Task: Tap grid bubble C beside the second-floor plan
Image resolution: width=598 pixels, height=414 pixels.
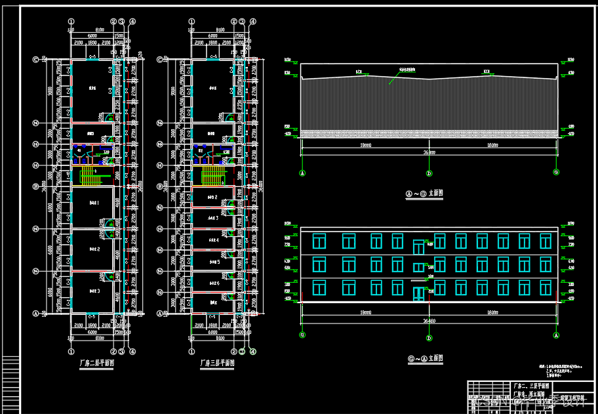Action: pyautogui.click(x=36, y=59)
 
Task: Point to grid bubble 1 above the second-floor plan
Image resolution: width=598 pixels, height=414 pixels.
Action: pyautogui.click(x=70, y=22)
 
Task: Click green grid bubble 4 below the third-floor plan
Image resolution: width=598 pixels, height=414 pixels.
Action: pyautogui.click(x=252, y=352)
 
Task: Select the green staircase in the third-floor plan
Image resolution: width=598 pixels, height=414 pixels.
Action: pyautogui.click(x=211, y=175)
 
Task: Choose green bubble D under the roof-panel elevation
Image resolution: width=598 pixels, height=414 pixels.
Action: pyautogui.click(x=429, y=173)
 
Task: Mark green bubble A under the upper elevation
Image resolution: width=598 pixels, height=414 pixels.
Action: pyautogui.click(x=302, y=173)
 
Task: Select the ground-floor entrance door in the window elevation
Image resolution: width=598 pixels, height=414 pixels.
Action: pyautogui.click(x=418, y=293)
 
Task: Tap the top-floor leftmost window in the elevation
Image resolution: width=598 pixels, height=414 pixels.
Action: pyautogui.click(x=319, y=241)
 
